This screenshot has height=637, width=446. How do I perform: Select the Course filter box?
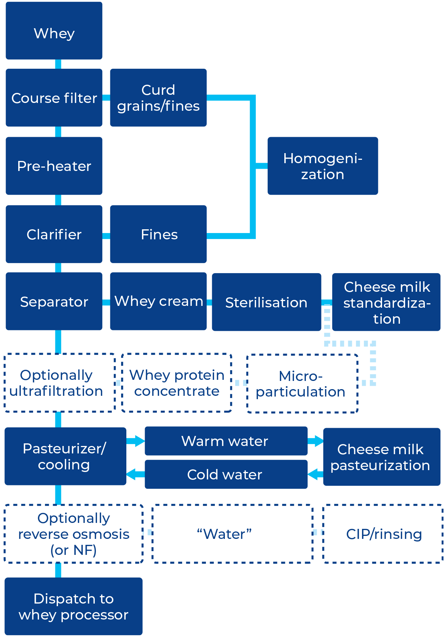click(54, 98)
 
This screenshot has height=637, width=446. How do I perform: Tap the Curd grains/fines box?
click(158, 98)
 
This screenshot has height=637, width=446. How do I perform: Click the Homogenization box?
click(323, 166)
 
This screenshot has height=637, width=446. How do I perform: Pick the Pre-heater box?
click(54, 166)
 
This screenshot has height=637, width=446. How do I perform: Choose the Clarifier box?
click(54, 235)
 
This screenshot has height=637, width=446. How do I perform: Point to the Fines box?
click(158, 235)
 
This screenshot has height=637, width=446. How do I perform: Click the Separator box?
click(54, 301)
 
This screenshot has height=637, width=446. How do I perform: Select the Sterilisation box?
click(266, 302)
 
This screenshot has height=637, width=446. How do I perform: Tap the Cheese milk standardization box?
click(387, 302)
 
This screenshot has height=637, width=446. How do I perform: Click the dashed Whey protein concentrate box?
click(177, 383)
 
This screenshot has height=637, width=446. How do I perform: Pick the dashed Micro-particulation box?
click(302, 384)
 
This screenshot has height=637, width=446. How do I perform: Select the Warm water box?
click(226, 441)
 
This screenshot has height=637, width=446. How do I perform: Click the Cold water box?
click(226, 475)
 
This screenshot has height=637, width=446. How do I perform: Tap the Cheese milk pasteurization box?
click(381, 457)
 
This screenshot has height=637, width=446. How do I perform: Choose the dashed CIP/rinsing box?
click(383, 534)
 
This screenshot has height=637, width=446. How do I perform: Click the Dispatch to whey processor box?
click(73, 606)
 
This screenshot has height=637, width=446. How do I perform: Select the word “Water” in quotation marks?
click(224, 534)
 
